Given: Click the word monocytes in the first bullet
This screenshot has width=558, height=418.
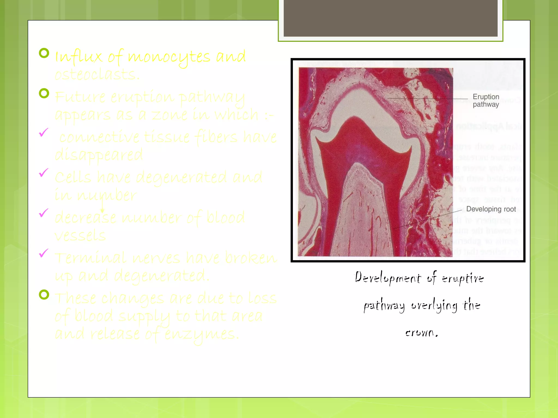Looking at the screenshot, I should [x=169, y=57].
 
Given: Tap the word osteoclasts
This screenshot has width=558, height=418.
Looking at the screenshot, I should [x=97, y=74].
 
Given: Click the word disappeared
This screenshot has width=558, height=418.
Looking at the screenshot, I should [x=99, y=155].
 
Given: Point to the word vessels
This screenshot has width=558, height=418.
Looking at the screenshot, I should [x=80, y=235].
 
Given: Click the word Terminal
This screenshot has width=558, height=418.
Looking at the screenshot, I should [x=90, y=258].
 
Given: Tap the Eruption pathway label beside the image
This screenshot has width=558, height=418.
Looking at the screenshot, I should [x=486, y=100].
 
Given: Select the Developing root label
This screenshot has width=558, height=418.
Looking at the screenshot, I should [x=491, y=209].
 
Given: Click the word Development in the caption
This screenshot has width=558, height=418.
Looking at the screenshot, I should [x=388, y=278].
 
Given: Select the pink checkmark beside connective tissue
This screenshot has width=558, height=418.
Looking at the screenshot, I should [x=44, y=133].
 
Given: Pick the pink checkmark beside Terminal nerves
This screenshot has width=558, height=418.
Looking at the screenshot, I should [x=44, y=253].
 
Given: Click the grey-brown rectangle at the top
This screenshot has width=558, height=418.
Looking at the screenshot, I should [x=390, y=18].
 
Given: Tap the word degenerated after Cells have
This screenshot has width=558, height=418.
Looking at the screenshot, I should [x=181, y=178].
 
